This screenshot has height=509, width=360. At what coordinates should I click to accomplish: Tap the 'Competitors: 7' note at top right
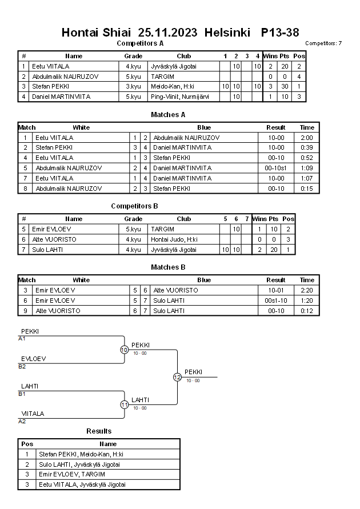pos(323,43)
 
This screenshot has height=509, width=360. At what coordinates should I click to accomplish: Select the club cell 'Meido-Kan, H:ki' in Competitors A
pos(171,86)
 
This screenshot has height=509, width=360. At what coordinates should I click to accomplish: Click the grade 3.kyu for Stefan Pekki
pos(133,86)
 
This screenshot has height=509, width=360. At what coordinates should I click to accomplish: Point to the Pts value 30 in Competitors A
pos(286,86)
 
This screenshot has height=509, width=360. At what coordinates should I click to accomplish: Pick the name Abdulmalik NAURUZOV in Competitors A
pos(65,77)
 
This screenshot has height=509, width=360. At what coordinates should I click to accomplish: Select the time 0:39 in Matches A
pos(307,147)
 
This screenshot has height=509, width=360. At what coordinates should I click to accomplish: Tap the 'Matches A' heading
pos(168,114)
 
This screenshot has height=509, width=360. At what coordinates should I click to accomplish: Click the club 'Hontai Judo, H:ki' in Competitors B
pos(174,239)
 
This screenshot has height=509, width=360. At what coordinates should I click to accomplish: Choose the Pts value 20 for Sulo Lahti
pos(274,250)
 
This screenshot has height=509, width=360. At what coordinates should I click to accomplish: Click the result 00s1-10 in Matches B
pos(276,300)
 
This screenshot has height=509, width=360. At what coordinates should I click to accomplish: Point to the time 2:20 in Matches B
pos(307,290)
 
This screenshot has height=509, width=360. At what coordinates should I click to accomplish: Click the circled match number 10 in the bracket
pos(124,350)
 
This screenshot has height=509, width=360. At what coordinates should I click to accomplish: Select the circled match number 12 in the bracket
pos(177,377)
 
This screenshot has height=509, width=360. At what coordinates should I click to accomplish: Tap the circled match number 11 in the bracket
pos(124,404)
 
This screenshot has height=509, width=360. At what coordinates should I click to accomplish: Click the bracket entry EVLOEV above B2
pos(34,359)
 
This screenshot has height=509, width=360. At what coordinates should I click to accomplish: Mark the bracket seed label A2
pos(22,421)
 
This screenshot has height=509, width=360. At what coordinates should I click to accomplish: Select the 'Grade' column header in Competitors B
pos(133,219)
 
